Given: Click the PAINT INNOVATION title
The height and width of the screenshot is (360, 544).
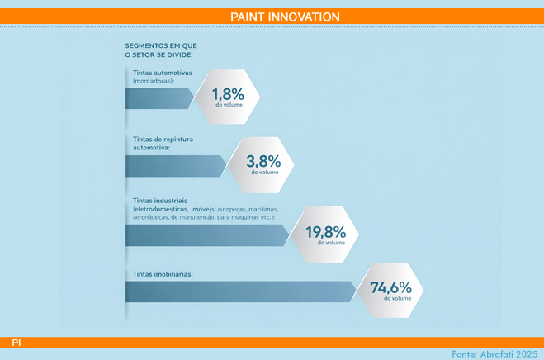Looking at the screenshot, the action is [x=285, y=17].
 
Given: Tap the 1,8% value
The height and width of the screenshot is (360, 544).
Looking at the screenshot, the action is [x=228, y=94].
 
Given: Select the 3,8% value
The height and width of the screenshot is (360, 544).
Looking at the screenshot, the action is [x=263, y=162].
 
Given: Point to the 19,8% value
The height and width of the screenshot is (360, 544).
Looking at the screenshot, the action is [x=326, y=232].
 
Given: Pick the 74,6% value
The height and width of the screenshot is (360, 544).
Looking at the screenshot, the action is [x=390, y=287].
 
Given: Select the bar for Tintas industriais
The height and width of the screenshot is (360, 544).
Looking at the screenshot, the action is [x=207, y=235].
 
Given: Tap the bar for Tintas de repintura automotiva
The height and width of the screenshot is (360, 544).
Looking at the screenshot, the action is [x=176, y=166].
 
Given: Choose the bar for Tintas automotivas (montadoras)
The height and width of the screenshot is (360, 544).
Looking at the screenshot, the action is [x=159, y=98].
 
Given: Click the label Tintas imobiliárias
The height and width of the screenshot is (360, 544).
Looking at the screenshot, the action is [x=163, y=274].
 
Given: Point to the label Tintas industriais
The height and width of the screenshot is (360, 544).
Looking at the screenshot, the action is [x=160, y=201].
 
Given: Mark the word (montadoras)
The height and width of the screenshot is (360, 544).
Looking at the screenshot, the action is [x=154, y=81].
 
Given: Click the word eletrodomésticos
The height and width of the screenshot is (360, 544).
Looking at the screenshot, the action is [x=161, y=210].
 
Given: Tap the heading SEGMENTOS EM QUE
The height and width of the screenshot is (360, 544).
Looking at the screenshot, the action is [x=161, y=45].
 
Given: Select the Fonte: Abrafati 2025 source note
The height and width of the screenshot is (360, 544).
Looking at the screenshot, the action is [x=494, y=354].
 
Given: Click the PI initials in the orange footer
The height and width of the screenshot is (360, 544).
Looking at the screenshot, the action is [x=17, y=343].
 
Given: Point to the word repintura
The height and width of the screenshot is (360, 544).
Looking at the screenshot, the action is [x=178, y=140].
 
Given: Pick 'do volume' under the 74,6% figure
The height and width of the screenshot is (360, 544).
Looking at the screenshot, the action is [x=398, y=298].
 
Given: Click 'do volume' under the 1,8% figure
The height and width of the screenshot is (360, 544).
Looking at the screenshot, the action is [x=229, y=105].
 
